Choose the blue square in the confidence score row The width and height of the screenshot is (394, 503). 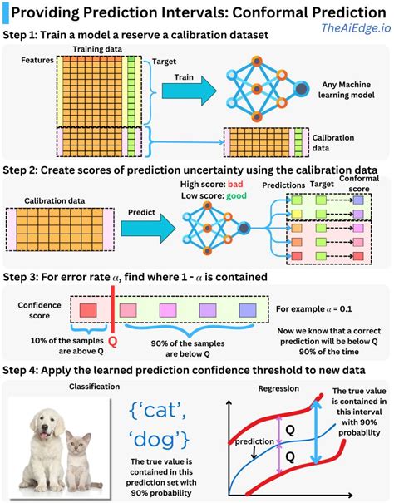point(248,309)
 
